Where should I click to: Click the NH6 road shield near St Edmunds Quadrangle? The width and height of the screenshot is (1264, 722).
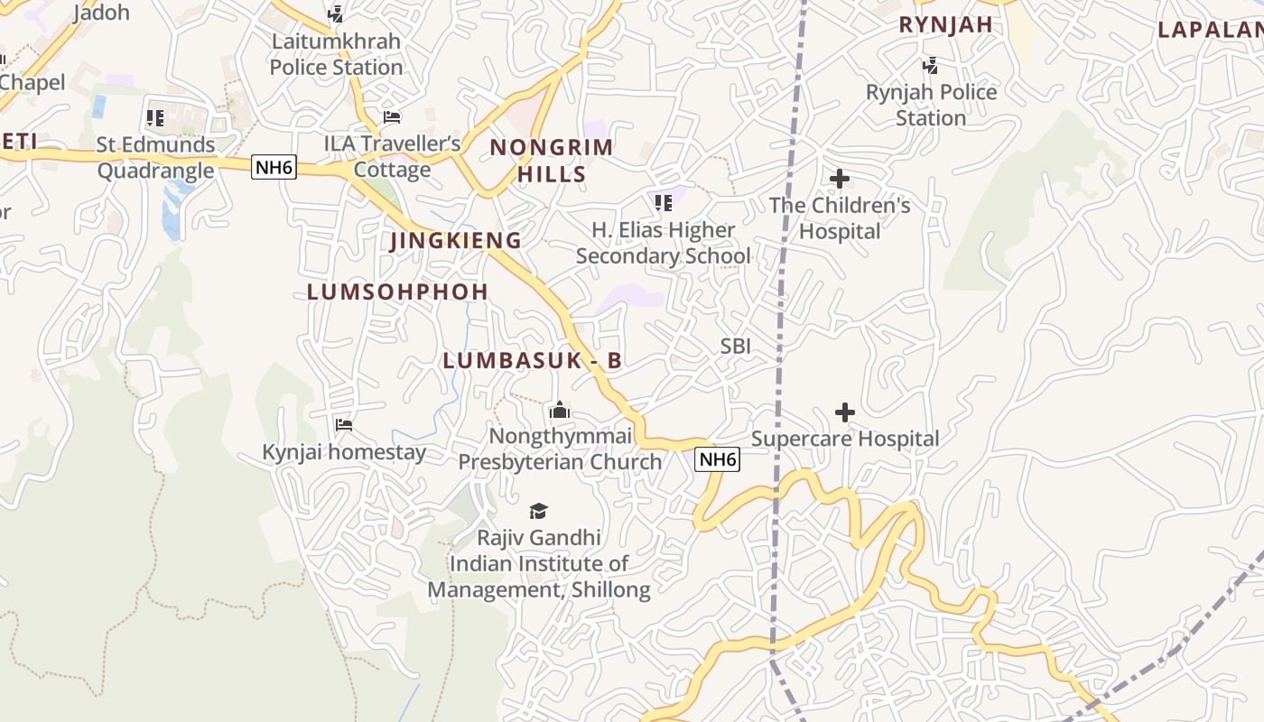274,167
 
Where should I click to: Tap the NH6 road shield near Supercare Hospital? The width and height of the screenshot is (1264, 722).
718,459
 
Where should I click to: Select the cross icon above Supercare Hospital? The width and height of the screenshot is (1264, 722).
845,412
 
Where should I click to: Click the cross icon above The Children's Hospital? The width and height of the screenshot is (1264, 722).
840,179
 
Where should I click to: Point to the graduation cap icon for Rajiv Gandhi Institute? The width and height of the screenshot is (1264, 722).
539,511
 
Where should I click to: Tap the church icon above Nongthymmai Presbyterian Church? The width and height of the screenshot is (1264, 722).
560,411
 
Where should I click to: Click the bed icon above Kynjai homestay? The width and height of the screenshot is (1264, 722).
344,424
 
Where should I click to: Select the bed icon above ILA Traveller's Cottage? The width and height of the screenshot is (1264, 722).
392,116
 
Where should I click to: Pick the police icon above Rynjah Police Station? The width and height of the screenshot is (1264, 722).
930,65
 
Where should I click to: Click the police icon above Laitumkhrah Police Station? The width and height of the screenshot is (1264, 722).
336,14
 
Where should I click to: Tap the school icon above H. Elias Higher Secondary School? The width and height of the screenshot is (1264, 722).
664,203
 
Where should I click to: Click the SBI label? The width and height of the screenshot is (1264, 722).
735,346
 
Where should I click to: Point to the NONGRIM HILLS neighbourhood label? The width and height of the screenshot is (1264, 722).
552,161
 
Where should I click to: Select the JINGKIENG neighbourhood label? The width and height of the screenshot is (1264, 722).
456,241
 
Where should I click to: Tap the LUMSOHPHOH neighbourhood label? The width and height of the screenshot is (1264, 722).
397,292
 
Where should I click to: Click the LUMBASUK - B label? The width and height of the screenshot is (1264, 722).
532,360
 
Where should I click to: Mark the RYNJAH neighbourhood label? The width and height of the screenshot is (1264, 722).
945,24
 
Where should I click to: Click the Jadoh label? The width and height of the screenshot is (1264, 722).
100,13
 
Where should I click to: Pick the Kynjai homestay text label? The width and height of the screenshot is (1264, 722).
344,452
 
